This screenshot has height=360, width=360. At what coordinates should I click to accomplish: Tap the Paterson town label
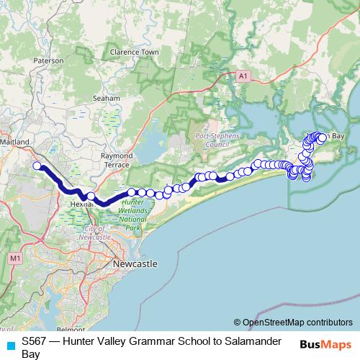point(48,61)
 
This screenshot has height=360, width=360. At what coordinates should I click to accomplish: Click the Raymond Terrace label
point(117,160)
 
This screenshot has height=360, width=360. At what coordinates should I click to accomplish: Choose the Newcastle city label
point(135,265)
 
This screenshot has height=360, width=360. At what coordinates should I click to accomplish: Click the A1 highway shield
point(243,74)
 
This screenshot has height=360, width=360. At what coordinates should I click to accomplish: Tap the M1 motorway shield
point(15,258)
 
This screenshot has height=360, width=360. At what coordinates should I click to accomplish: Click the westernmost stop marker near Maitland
point(37,166)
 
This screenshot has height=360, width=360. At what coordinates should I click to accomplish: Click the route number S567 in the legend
point(35,342)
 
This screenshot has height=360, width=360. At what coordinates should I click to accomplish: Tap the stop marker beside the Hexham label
point(91,196)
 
